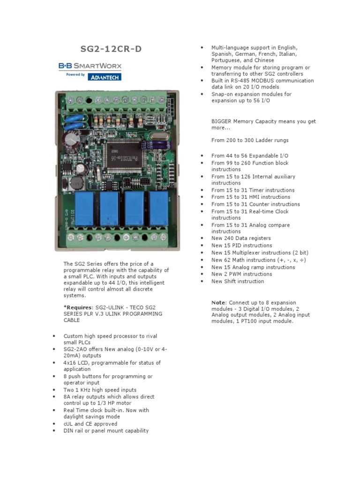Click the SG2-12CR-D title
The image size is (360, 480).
point(111,49)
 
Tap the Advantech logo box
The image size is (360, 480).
point(105,77)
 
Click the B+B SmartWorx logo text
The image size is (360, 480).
point(90,66)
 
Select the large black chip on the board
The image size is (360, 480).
point(124,157)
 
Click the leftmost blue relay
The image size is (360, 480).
point(84,208)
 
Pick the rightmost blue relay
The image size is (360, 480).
point(159,208)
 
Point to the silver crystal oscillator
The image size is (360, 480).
point(160,136)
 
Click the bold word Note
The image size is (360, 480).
point(218,302)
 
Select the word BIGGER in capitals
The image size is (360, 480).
point(221,121)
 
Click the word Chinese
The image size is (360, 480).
point(264,60)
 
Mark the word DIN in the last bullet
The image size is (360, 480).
point(68,430)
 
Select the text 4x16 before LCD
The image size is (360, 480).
point(69,363)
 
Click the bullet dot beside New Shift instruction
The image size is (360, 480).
point(202,281)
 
